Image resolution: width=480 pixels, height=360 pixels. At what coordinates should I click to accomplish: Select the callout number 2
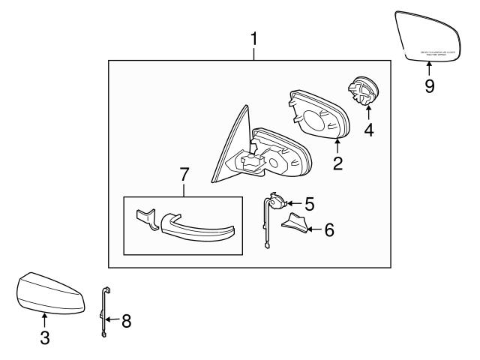pyautogui.click(x=337, y=163)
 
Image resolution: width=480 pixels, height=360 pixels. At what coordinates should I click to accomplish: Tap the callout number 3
pyautogui.click(x=45, y=337)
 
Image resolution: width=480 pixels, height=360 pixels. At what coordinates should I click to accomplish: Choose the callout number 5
pyautogui.click(x=309, y=202)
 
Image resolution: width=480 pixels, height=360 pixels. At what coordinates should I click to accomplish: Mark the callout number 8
pyautogui.click(x=125, y=321)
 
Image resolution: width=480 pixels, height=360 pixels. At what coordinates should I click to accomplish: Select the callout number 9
pyautogui.click(x=429, y=86)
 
